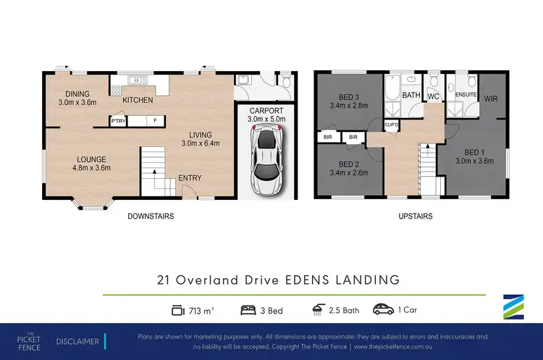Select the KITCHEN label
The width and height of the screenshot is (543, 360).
pyautogui.click(x=138, y=100)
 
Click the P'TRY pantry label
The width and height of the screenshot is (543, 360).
pyautogui.click(x=118, y=121)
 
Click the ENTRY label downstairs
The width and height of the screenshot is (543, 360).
pyautogui.click(x=190, y=178)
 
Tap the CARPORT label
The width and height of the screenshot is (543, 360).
pyautogui.click(x=266, y=110)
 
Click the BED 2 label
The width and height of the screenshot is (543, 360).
pyautogui.click(x=351, y=163)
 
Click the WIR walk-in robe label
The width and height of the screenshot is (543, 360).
pyautogui.click(x=490, y=99)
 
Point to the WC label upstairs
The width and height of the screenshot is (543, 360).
pyautogui.click(x=434, y=96)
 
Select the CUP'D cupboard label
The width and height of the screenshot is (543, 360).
pyautogui.click(x=392, y=124)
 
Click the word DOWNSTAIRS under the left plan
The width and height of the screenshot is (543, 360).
pyautogui.click(x=150, y=216)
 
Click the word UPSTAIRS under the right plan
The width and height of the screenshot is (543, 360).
pyautogui.click(x=415, y=216)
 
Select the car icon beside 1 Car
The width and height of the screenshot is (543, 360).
pyautogui.click(x=382, y=311)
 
